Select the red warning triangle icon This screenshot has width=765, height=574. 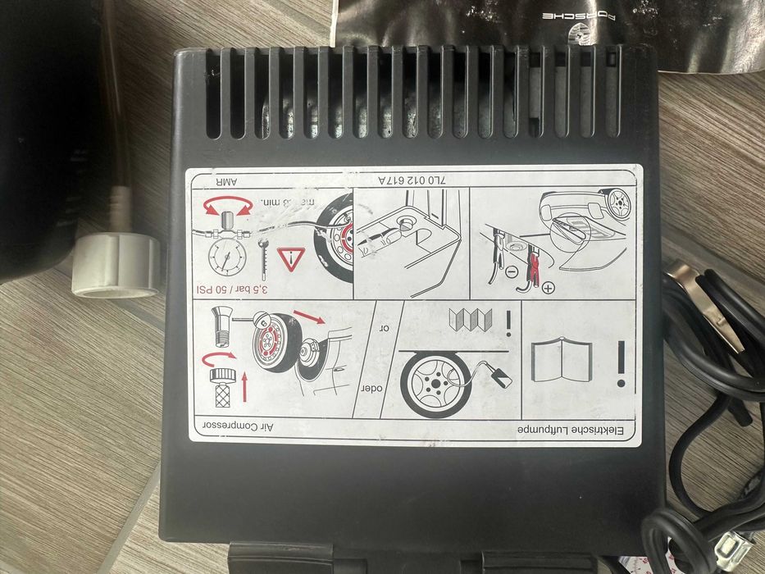tap(291, 258)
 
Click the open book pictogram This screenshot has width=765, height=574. tap(561, 362)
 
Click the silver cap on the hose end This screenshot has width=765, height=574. tap(116, 265)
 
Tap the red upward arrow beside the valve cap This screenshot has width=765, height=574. tap(244, 384)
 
